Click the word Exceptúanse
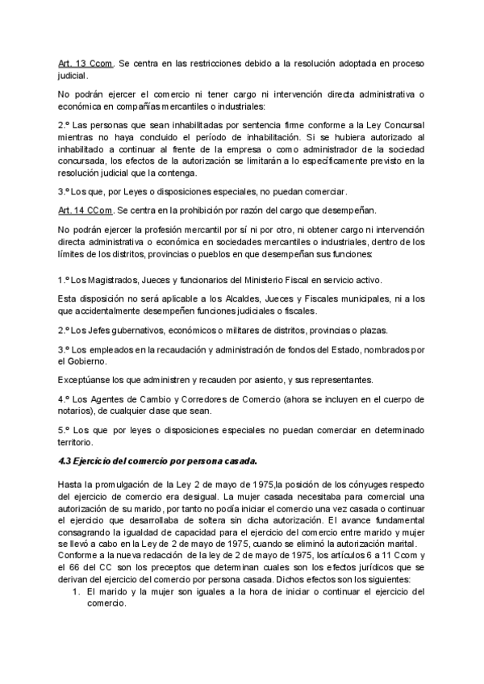(x=86, y=380)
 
